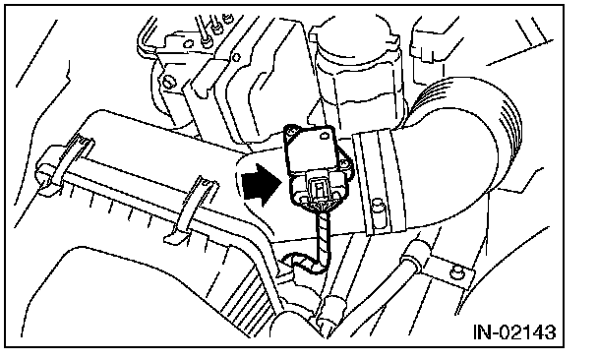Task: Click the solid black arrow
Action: click(263, 184)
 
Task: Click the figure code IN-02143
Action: click(514, 332)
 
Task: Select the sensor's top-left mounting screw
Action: click(292, 132)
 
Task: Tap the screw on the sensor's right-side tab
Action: click(345, 163)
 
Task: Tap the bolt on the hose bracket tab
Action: click(456, 271)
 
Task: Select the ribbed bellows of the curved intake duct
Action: click(496, 114)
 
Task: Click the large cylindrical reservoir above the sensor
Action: click(357, 73)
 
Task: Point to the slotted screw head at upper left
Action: click(167, 81)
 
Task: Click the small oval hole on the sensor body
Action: click(326, 135)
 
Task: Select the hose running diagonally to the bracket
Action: click(382, 290)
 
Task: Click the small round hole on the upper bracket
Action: click(236, 58)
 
